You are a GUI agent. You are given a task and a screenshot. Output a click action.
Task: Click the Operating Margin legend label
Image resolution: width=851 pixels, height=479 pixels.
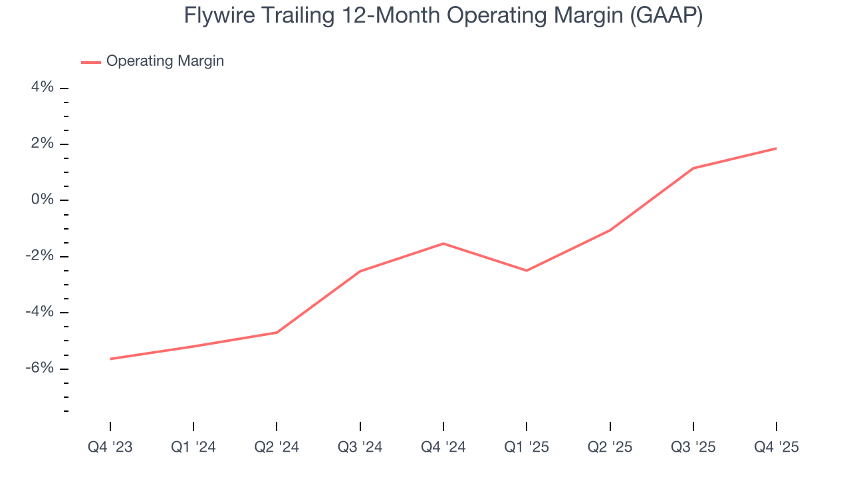click(x=165, y=61)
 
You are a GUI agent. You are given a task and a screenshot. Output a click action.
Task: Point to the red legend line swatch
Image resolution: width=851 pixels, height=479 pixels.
click(x=90, y=62)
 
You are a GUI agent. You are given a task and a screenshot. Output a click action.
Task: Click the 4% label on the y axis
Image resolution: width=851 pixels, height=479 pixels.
click(x=41, y=88)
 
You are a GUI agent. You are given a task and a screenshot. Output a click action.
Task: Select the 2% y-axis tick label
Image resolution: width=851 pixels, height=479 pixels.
click(x=41, y=144)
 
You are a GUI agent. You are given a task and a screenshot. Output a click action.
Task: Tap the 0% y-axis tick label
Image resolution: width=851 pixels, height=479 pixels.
click(x=41, y=200)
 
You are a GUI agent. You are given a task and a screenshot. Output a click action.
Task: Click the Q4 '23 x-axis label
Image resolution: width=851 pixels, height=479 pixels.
click(x=110, y=447)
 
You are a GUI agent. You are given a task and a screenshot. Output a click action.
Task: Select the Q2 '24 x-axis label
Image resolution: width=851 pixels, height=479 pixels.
click(x=277, y=447)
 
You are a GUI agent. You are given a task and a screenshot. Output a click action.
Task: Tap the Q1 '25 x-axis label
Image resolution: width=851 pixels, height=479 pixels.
click(x=527, y=447)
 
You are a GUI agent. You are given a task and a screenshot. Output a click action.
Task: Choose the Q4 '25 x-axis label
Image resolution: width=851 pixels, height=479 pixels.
click(x=777, y=447)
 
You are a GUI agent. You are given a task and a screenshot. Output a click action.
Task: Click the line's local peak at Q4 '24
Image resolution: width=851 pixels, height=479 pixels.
click(x=443, y=243)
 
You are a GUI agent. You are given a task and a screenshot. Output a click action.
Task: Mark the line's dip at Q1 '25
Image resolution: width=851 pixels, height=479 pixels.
click(x=527, y=271)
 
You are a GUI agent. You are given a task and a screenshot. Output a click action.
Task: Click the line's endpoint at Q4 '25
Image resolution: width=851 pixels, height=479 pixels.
click(x=776, y=148)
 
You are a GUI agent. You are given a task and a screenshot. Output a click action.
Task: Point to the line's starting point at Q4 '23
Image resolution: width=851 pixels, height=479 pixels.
click(x=110, y=359)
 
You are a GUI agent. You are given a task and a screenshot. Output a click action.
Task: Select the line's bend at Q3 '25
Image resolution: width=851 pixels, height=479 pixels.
click(x=693, y=168)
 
